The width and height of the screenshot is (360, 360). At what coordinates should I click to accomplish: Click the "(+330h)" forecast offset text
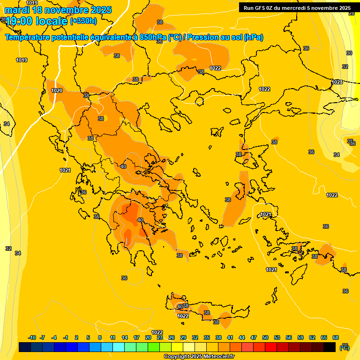83,21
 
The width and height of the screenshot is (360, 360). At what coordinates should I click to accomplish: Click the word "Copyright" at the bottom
176,356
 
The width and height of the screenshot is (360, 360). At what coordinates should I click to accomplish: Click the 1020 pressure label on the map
57,90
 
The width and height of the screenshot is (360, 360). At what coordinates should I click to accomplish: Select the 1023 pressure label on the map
337,82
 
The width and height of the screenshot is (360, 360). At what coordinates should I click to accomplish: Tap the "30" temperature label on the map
349,53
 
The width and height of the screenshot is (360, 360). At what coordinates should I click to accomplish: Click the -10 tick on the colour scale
32,337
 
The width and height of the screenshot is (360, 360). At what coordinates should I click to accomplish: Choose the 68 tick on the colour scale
336,337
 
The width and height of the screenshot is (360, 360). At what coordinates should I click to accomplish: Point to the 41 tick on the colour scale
230,337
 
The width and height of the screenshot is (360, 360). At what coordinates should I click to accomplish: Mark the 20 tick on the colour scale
148,337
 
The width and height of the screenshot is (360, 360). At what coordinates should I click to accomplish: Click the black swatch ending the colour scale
330,347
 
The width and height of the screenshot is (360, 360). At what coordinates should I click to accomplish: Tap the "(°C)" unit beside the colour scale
345,347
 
